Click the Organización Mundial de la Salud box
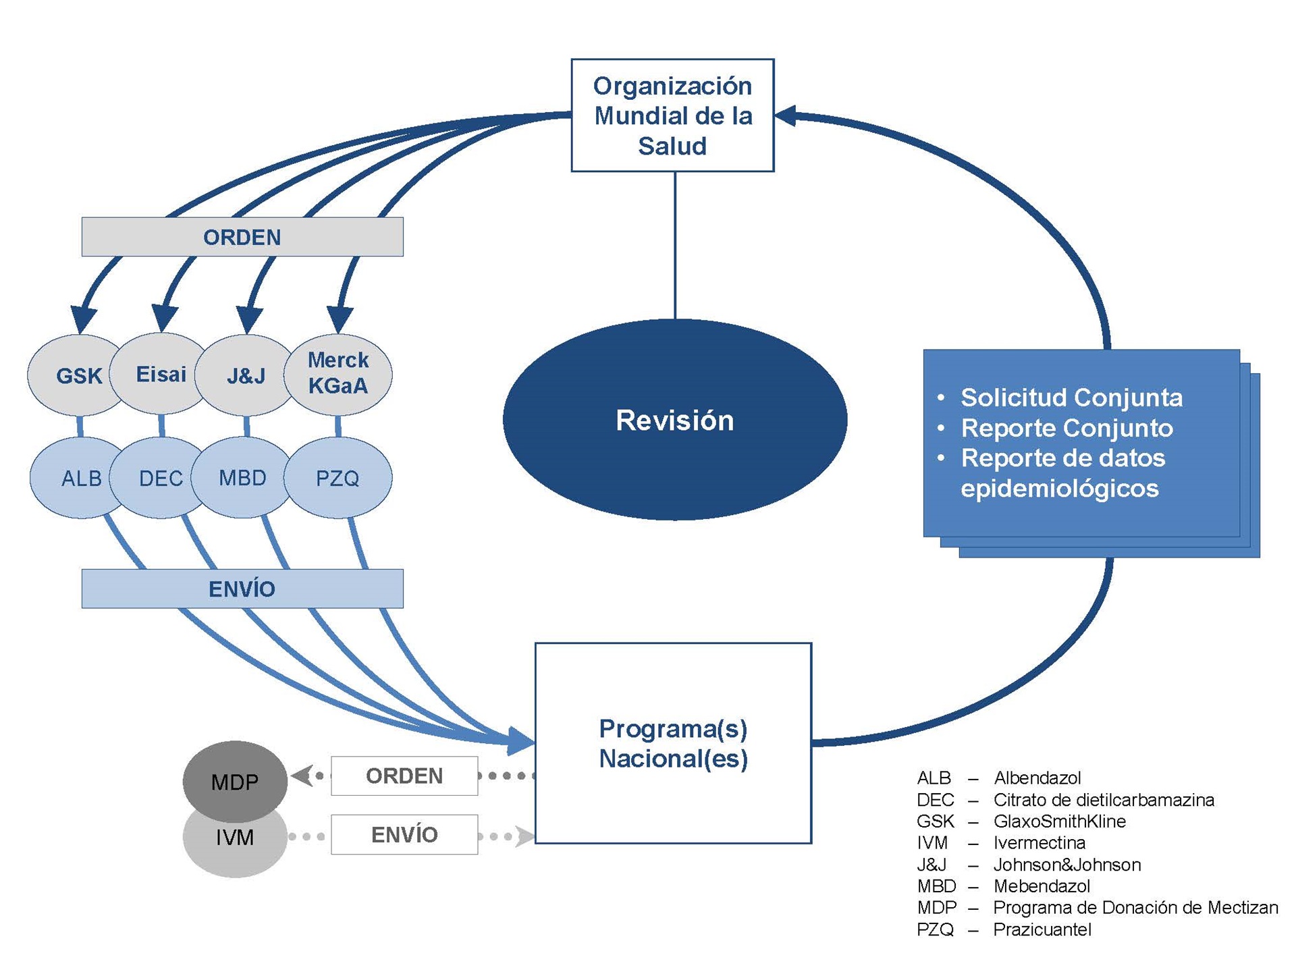[672, 115]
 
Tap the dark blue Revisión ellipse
[675, 419]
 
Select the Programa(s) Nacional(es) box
[673, 743]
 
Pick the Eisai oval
[161, 373]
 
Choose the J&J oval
[246, 375]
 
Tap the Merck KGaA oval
[337, 374]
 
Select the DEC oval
[161, 478]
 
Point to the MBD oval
[243, 477]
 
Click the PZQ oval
[337, 478]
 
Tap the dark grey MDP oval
[235, 781]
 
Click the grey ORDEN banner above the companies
[242, 237]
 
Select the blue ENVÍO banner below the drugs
[242, 589]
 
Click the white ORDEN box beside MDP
[404, 776]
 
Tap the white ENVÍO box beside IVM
[404, 835]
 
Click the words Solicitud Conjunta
[1071, 398]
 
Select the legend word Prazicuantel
[1042, 929]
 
